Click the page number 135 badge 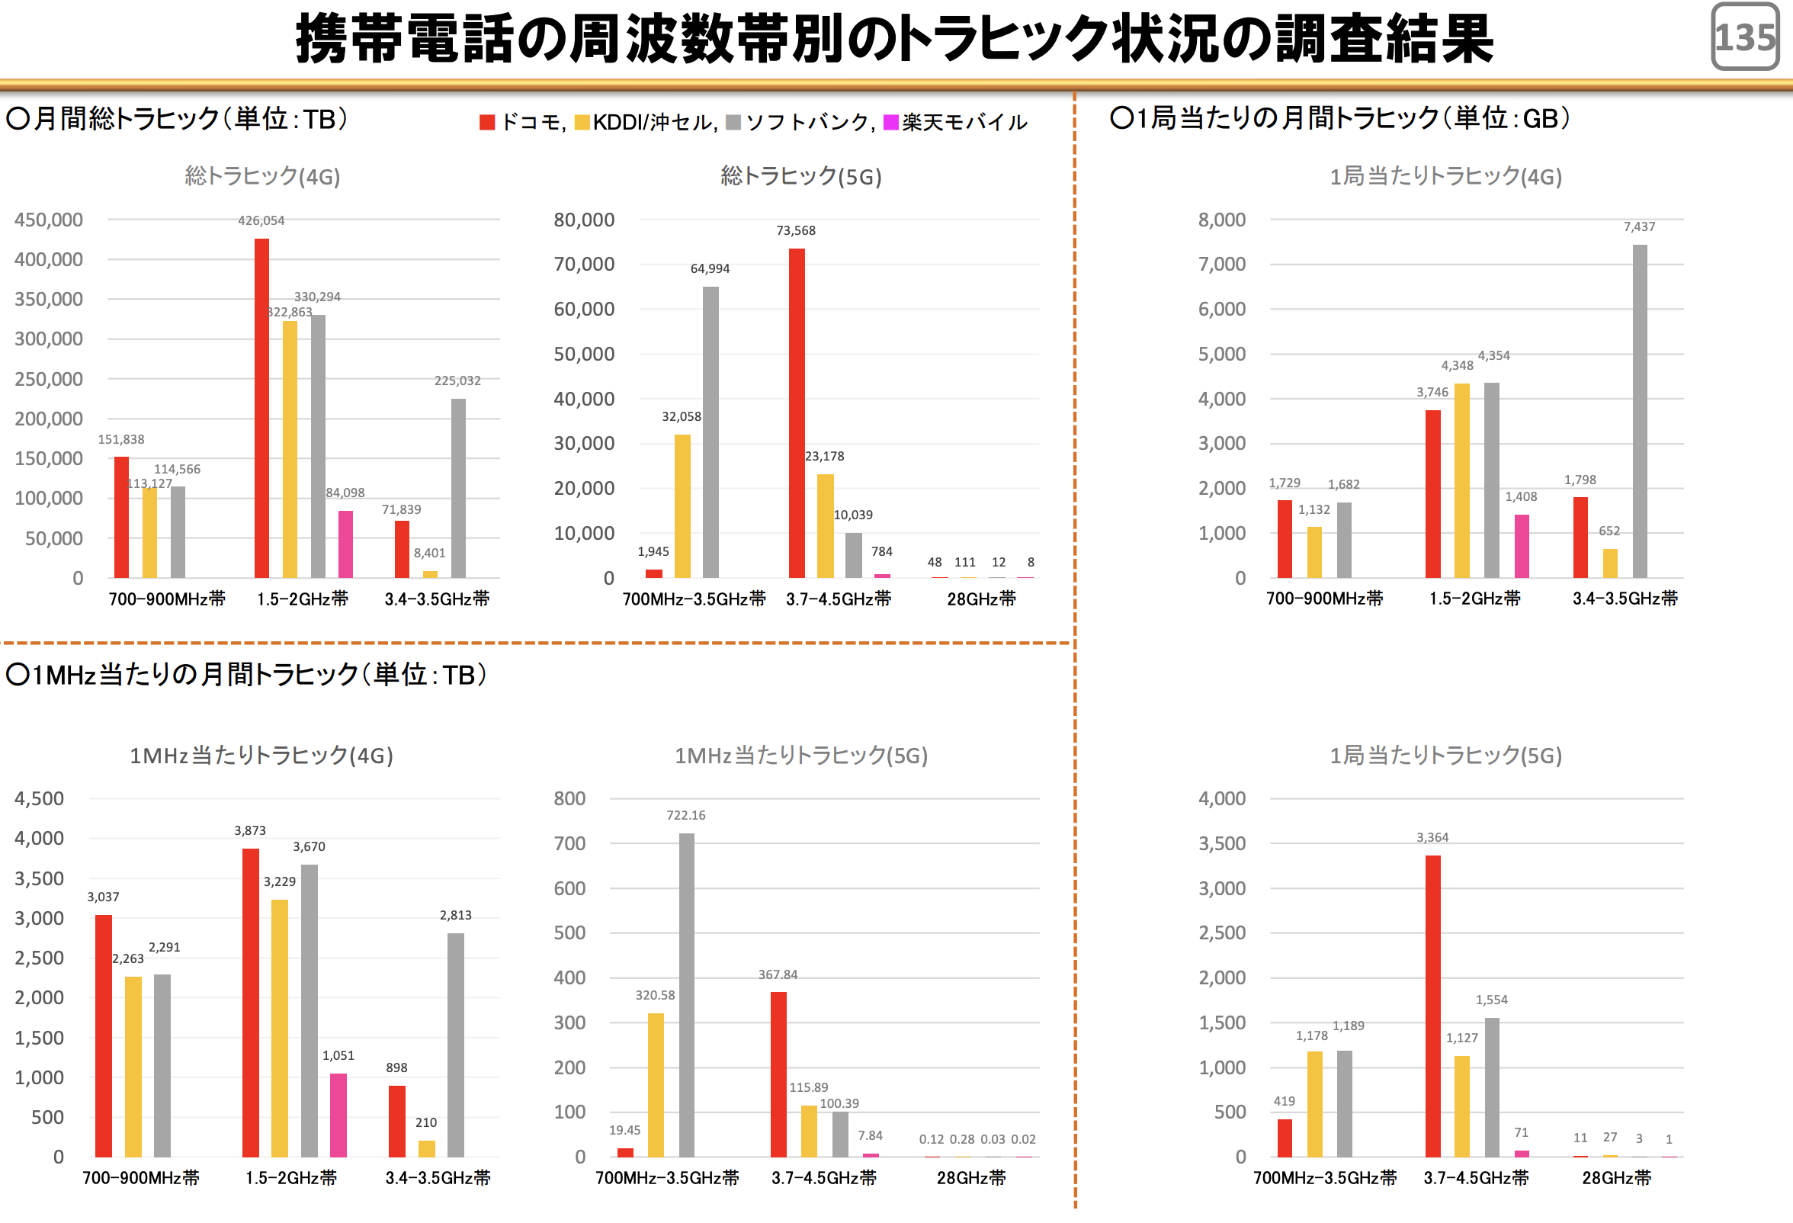pyautogui.click(x=1744, y=37)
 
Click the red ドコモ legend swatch pyautogui.click(x=487, y=123)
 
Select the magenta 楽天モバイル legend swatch pyautogui.click(x=890, y=123)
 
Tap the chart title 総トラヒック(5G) pyautogui.click(x=801, y=177)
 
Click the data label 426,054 pyautogui.click(x=261, y=220)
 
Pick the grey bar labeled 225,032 pyautogui.click(x=458, y=488)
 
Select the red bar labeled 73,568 pyautogui.click(x=796, y=412)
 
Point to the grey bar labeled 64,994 pyautogui.click(x=710, y=432)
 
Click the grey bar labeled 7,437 pyautogui.click(x=1640, y=410)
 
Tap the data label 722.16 pyautogui.click(x=686, y=816)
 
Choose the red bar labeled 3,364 pyautogui.click(x=1432, y=1006)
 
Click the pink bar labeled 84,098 pyautogui.click(x=345, y=544)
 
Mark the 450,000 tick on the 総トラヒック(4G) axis pyautogui.click(x=49, y=220)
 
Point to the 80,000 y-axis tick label pyautogui.click(x=584, y=220)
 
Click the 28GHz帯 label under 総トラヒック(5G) pyautogui.click(x=981, y=599)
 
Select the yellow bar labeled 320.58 pyautogui.click(x=656, y=1085)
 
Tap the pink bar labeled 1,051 pyautogui.click(x=338, y=1115)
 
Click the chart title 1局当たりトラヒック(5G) pyautogui.click(x=1445, y=756)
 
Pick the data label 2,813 pyautogui.click(x=455, y=916)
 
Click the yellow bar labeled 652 pyautogui.click(x=1609, y=563)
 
